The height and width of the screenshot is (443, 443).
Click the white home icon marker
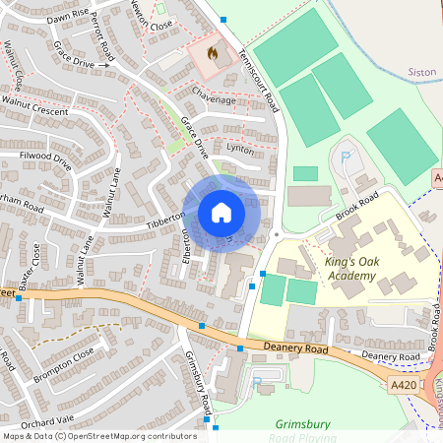pyautogui.click(x=221, y=212)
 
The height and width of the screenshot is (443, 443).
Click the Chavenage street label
pyautogui.click(x=214, y=99)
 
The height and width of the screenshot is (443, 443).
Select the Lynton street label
pyautogui.click(x=240, y=148)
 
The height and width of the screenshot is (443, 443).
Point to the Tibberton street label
pyautogui.click(x=165, y=221)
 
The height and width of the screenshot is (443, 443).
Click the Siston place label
pyautogui.click(x=420, y=72)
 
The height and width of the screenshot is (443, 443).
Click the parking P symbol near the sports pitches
pyautogui.click(x=346, y=157)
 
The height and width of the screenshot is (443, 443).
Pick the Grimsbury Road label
pyautogui.click(x=198, y=384)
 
